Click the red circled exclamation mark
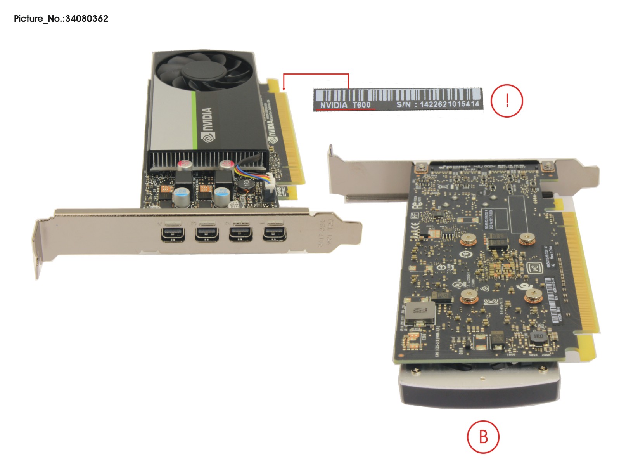[x=507, y=101]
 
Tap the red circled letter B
[x=483, y=437]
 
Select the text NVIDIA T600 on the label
[x=345, y=105]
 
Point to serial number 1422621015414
[x=450, y=104]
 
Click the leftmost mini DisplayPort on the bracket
[x=173, y=235]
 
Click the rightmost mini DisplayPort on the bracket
[x=275, y=234]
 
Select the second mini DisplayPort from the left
[x=206, y=235]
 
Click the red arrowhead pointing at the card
[x=284, y=88]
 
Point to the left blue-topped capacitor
[x=181, y=197]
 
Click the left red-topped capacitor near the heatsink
[x=185, y=165]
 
